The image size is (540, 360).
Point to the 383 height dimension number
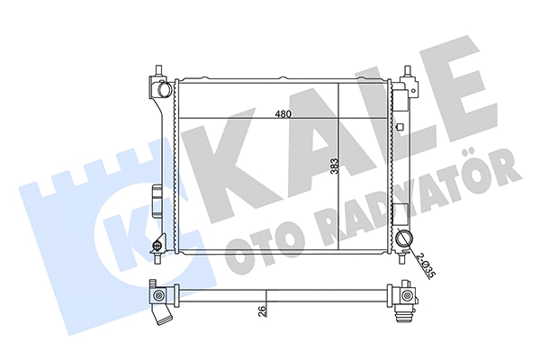click(x=333, y=168)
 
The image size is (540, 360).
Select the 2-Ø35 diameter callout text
click(x=423, y=267)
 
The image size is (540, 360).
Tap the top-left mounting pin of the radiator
click(x=160, y=70)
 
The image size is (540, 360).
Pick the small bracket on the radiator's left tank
click(x=157, y=195)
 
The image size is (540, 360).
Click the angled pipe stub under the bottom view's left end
click(x=163, y=318)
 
